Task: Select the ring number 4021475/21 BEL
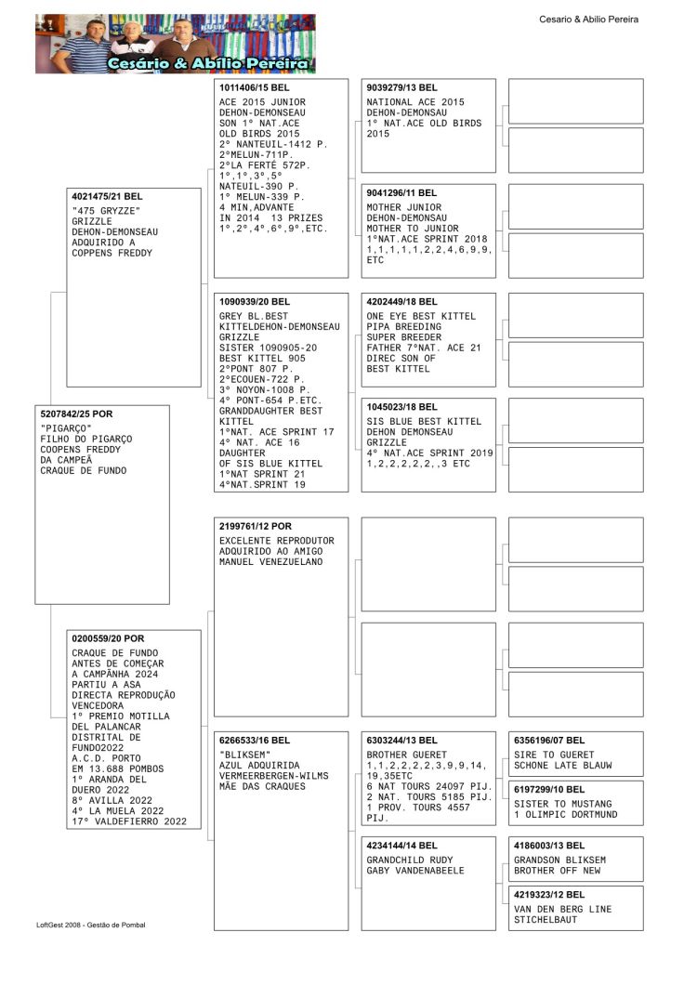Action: coord(107,197)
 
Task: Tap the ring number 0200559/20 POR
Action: coord(108,638)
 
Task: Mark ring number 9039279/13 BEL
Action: coord(402,87)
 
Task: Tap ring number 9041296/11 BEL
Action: coord(402,193)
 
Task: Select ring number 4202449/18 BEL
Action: coord(402,302)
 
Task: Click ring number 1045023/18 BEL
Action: coord(402,407)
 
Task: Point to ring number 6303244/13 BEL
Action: coord(402,741)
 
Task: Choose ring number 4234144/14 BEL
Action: coord(402,846)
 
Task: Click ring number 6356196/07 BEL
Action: coord(549,741)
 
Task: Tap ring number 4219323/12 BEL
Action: coord(549,895)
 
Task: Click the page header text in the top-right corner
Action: coord(588,20)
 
